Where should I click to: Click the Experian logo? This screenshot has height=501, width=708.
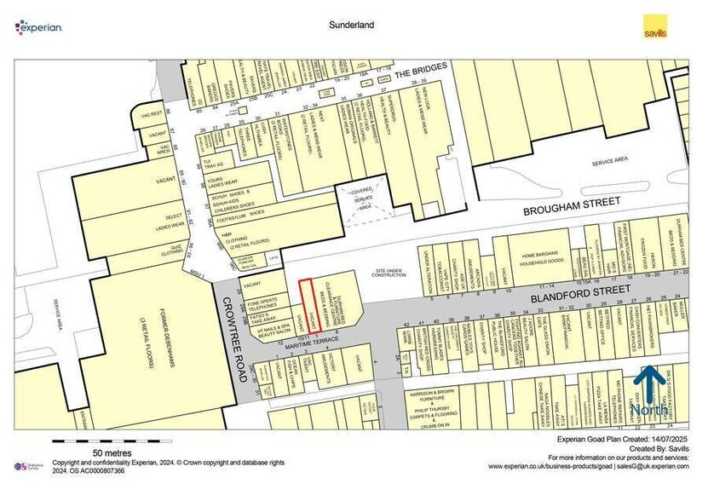point(38,27)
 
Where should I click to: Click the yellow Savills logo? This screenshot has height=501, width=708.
point(654,26)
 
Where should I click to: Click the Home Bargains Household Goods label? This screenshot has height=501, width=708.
point(545,260)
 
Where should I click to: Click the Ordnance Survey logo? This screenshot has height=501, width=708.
point(28,466)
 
